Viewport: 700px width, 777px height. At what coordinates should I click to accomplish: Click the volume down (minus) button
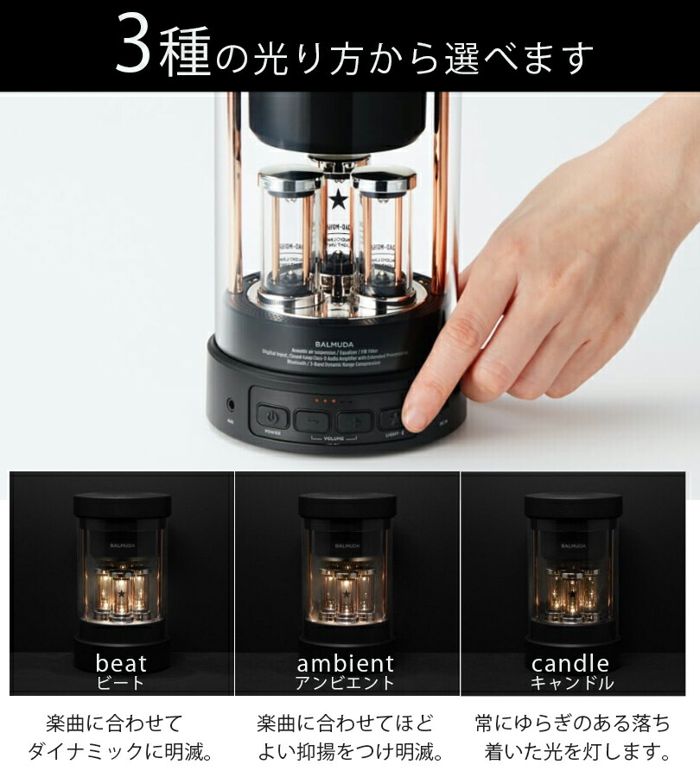[x=312, y=421]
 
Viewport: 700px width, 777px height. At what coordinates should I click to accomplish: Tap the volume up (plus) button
[x=355, y=421]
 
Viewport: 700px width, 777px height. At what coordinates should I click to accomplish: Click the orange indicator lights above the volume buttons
[x=325, y=401]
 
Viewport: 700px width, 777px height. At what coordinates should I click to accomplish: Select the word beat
[x=121, y=664]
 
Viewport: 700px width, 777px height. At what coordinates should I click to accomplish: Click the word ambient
[x=346, y=664]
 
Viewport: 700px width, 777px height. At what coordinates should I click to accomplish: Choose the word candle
[x=570, y=664]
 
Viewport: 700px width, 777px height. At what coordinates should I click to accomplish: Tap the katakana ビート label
[x=121, y=684]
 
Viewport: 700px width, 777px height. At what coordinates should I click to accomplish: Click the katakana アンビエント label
[x=346, y=684]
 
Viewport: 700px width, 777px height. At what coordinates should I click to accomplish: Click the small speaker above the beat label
[x=122, y=570]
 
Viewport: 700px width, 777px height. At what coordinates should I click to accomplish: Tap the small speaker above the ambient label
[x=347, y=570]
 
